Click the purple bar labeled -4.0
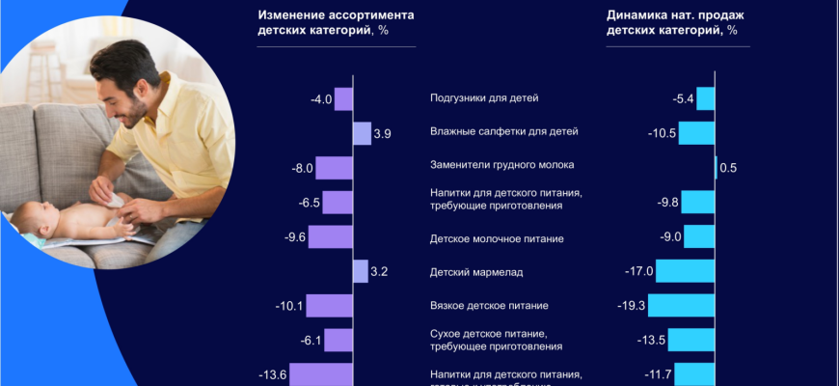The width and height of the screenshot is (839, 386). (343, 98)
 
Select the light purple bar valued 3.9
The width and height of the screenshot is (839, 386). (362, 133)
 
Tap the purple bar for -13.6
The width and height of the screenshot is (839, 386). (321, 374)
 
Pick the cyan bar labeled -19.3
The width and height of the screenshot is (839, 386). (682, 306)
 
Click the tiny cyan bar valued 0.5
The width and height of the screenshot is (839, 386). (717, 168)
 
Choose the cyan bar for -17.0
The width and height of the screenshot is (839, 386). (686, 271)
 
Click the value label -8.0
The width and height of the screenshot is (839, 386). (302, 169)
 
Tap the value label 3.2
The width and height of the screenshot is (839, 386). (379, 272)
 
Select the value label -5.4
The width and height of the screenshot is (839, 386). (683, 98)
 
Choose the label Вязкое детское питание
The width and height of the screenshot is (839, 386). (488, 306)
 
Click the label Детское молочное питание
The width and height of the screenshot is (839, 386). (496, 238)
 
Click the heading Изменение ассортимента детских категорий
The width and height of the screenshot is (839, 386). (336, 22)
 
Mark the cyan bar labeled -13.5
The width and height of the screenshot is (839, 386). (690, 340)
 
